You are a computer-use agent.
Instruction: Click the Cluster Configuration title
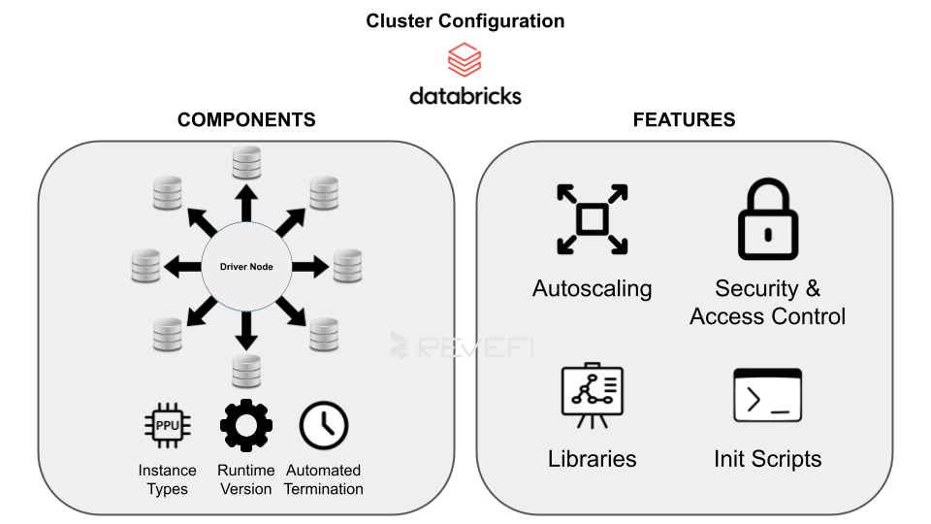tap(465, 20)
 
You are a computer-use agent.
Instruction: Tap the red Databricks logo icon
tap(465, 60)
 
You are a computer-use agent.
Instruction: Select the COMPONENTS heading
tap(246, 120)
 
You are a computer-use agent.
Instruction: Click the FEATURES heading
tap(684, 120)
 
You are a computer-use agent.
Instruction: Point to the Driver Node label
tap(246, 265)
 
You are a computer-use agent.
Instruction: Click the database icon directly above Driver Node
tap(246, 162)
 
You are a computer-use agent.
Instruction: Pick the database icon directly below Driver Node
tap(246, 371)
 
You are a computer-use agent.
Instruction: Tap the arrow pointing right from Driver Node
tap(309, 265)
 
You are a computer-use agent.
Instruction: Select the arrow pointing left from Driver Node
tap(183, 265)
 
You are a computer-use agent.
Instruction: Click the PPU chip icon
tap(167, 425)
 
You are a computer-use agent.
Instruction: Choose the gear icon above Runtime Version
tap(246, 425)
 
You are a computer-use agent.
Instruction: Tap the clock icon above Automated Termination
tap(323, 425)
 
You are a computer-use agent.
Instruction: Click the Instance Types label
tap(167, 479)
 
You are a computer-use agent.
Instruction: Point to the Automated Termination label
tap(323, 479)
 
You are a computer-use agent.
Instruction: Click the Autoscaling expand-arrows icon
tap(592, 219)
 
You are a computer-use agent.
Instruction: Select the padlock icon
tap(767, 219)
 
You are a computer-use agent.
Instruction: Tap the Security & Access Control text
tap(767, 303)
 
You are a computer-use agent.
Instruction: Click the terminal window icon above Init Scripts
tap(767, 396)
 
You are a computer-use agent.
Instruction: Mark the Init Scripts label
tap(767, 459)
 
